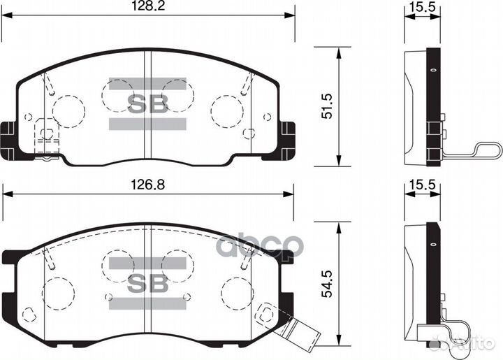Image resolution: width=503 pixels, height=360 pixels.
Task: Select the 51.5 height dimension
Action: [x=326, y=104]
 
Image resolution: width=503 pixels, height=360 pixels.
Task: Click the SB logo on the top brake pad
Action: [x=147, y=104]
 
